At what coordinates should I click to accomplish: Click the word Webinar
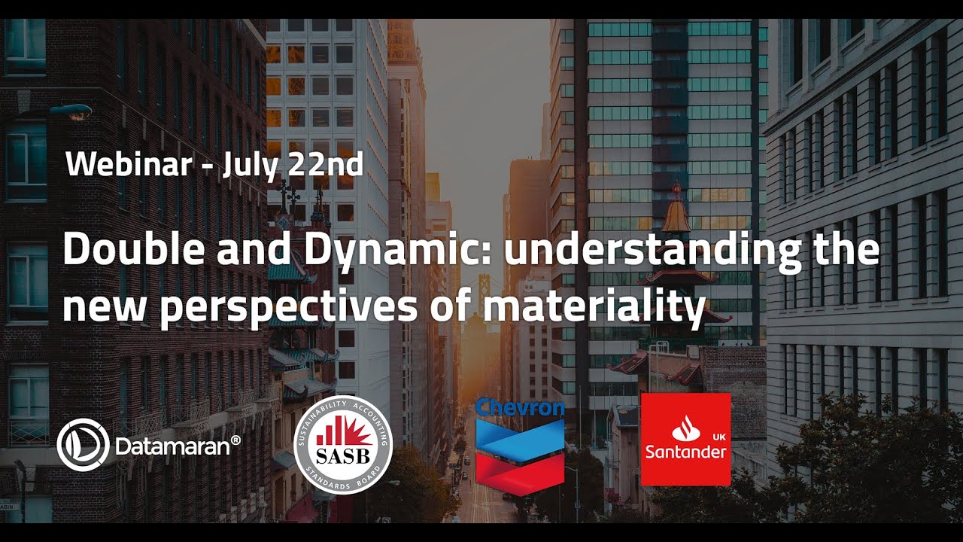[x=128, y=164]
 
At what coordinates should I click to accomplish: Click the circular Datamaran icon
[x=83, y=445]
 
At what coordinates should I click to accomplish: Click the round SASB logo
[x=342, y=444]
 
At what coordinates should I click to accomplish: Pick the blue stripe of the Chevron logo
[x=519, y=436]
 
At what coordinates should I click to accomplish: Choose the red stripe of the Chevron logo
[x=519, y=469]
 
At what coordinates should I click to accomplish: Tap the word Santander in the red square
[x=685, y=452]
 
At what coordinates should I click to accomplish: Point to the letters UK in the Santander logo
[x=718, y=436]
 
